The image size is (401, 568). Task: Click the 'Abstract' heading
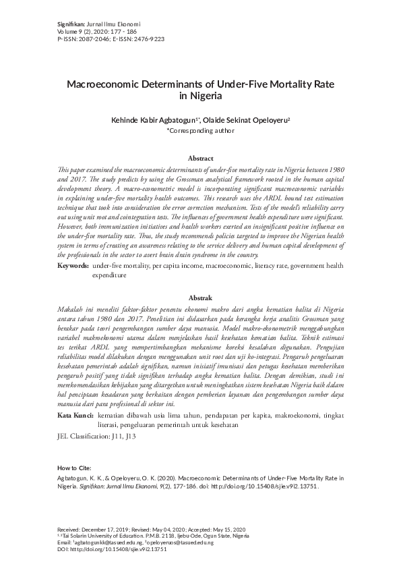[x=200, y=158]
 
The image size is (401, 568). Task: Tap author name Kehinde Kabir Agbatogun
[x=154, y=120]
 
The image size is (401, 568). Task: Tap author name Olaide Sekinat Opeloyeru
[x=249, y=120]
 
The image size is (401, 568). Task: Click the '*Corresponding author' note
[x=200, y=131]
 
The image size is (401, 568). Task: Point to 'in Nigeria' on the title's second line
[x=200, y=96]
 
